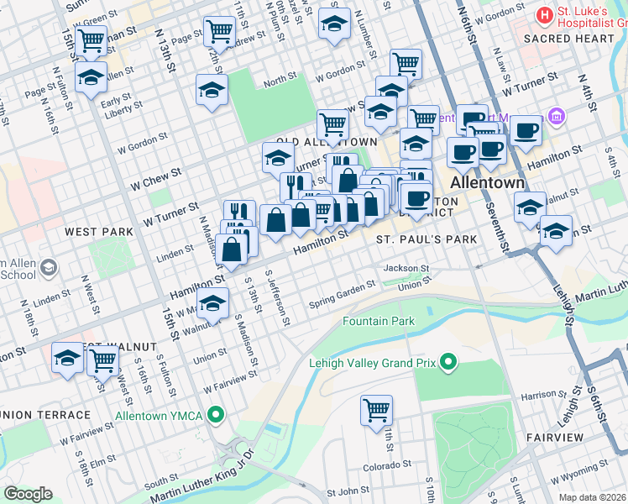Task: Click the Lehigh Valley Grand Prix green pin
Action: tap(449, 363)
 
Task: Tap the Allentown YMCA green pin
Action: tap(217, 415)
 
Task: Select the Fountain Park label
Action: tap(379, 322)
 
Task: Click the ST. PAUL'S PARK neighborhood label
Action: tap(426, 239)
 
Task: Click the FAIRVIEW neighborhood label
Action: tap(555, 438)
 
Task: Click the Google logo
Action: tap(28, 494)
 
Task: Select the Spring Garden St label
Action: tap(342, 294)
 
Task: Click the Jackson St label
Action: tap(406, 269)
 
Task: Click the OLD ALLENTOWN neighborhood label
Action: tap(327, 143)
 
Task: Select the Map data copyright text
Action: tap(593, 496)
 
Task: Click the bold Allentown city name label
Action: tap(488, 182)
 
